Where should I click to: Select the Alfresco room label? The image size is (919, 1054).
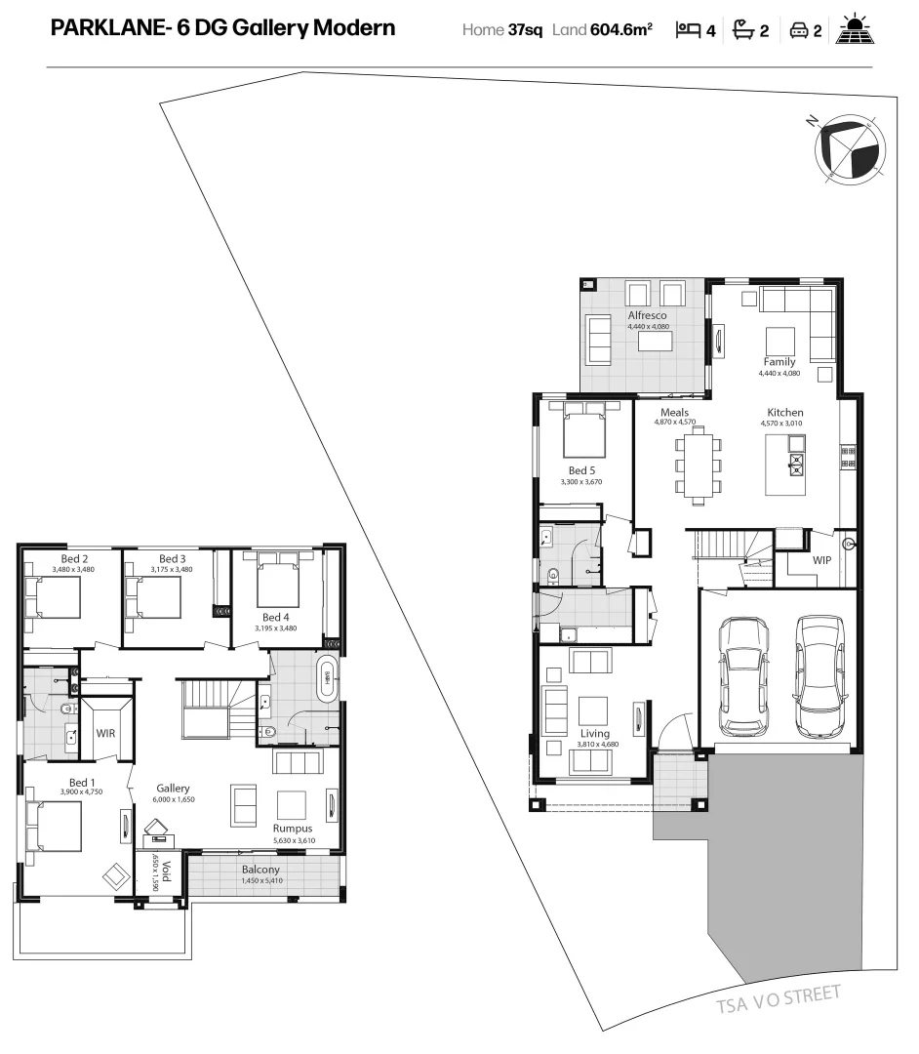click(647, 315)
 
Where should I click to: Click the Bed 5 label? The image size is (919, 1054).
click(582, 470)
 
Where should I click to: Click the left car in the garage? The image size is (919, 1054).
click(743, 675)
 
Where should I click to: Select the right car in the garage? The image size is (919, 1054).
click(817, 676)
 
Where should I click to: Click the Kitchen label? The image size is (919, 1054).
click(784, 413)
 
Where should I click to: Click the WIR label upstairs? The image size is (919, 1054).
click(105, 732)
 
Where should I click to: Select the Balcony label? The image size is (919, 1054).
click(261, 870)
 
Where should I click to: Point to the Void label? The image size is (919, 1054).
click(165, 871)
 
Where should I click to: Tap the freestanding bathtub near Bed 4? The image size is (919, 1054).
click(326, 678)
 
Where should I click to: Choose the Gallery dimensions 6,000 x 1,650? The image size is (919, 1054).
click(173, 799)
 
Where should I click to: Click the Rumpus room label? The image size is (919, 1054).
click(292, 828)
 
